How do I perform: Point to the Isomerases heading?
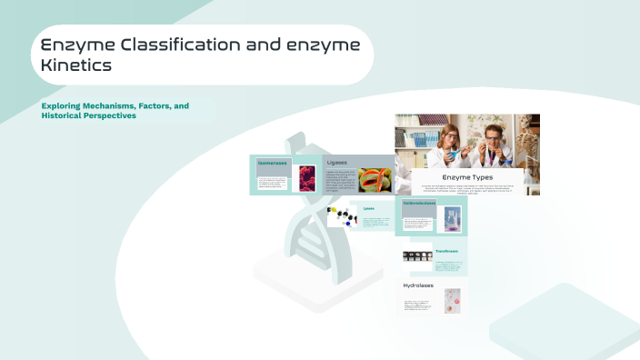tap(272, 163)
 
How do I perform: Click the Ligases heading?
tap(336, 163)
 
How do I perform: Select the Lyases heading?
tap(369, 208)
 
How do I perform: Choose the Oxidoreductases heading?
tap(420, 203)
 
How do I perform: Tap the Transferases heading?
tap(447, 251)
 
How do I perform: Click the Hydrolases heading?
tap(418, 285)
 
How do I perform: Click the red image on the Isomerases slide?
tap(306, 177)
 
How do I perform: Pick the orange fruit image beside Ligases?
tap(375, 180)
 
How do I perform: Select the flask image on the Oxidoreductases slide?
tap(452, 219)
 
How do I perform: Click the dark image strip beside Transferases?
tap(417, 256)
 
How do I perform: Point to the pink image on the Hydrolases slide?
tap(452, 301)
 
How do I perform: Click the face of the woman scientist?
tap(448, 138)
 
